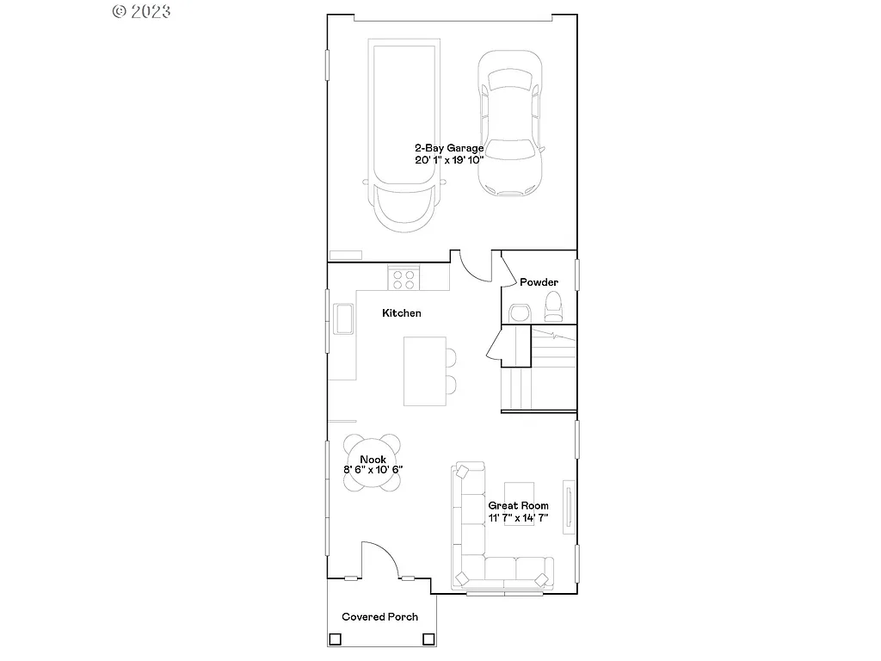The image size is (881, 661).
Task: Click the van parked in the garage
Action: (404, 133)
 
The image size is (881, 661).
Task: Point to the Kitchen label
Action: (402, 313)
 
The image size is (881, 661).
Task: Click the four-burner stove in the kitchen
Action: (403, 279)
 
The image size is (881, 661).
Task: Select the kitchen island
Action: (424, 370)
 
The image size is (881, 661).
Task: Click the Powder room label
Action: (539, 282)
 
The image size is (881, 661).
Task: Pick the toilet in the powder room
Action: (553, 306)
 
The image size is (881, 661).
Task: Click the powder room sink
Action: (520, 312)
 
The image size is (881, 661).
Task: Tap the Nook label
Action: (373, 460)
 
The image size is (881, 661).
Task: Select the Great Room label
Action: (518, 506)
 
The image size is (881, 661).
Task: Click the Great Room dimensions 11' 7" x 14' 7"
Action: (518, 518)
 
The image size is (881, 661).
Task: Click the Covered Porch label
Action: (379, 616)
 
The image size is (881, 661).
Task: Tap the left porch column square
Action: (335, 639)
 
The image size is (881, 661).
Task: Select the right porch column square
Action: (428, 639)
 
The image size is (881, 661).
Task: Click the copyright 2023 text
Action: (142, 11)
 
